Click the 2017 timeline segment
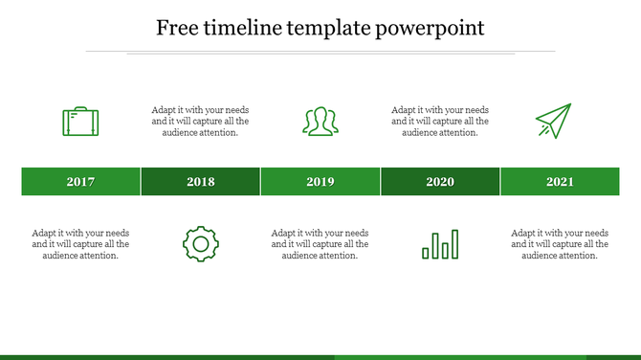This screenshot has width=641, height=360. [81, 182]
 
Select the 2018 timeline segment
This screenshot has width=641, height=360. [201, 182]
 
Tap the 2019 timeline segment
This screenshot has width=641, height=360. [320, 182]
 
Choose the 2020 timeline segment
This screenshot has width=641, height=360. [440, 182]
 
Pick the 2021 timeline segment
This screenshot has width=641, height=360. [560, 182]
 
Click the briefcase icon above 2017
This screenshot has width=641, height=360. [80, 122]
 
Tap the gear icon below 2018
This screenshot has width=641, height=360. [200, 244]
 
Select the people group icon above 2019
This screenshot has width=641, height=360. [320, 122]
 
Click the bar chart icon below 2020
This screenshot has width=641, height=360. [440, 244]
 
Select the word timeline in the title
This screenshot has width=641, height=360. [250, 28]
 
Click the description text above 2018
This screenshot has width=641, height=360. [201, 122]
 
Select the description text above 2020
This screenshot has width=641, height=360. [440, 122]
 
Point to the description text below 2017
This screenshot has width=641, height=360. [81, 244]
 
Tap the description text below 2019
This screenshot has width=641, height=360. [320, 244]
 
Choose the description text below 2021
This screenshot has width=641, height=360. [560, 244]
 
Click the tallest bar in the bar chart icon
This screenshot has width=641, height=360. [454, 244]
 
